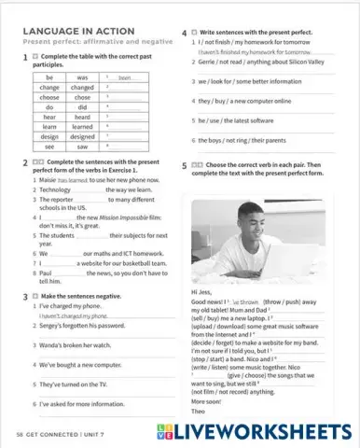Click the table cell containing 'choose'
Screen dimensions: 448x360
click(49, 97)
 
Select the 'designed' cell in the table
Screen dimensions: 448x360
click(83, 136)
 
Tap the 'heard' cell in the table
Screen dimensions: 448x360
click(83, 117)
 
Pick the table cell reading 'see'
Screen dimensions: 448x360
click(49, 147)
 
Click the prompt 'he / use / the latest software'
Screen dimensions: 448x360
click(243, 120)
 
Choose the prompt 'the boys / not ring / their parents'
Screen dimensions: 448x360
click(248, 141)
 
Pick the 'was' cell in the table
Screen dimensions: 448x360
click(83, 77)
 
